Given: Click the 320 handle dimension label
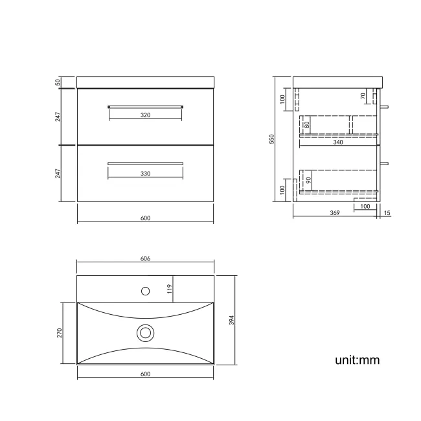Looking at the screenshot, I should coord(145,115).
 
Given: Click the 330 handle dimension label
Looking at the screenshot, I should coord(145,174).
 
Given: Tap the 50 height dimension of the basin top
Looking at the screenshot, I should coord(58,82).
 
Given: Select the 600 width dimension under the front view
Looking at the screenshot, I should coord(145,218).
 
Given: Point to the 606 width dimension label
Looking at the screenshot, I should coord(145,258).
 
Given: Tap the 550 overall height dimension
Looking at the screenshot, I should coord(273,139).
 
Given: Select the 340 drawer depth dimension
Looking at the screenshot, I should coord(338,143).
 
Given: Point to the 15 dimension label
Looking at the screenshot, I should coord(387,212).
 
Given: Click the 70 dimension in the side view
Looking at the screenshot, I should coord(364,96).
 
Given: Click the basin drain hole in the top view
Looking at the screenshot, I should coord(146,333).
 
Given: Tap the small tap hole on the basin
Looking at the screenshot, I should coord(146,290).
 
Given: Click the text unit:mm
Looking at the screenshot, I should coord(357,360).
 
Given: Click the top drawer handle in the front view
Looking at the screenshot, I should coord(145,105).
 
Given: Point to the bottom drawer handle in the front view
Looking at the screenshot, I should coord(145,163).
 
